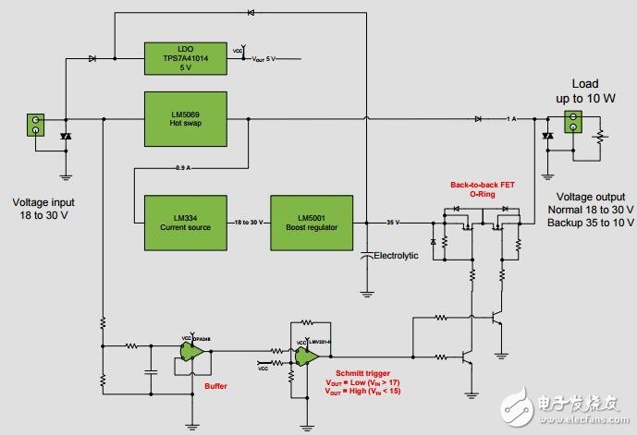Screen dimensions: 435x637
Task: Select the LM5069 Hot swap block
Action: tap(186, 118)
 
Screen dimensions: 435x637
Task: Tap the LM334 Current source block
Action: tap(186, 223)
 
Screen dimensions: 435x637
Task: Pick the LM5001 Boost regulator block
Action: tap(312, 223)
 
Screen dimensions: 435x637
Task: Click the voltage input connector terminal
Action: tap(37, 125)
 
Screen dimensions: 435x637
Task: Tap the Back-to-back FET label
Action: tap(482, 184)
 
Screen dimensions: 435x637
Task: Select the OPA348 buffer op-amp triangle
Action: tap(196, 352)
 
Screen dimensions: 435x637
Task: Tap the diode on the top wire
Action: tap(251, 13)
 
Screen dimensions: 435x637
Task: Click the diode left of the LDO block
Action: tap(93, 59)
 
